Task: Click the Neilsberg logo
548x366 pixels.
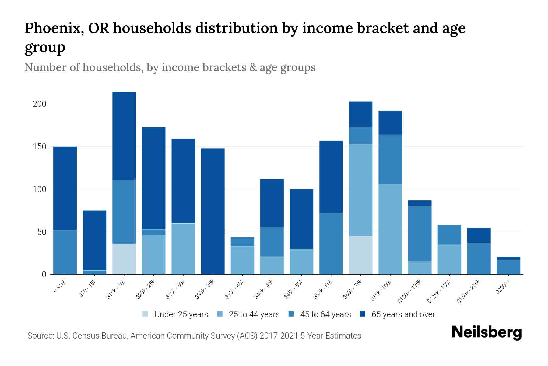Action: pos(487,332)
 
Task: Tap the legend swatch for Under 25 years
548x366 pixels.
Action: pos(146,314)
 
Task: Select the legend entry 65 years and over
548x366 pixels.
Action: pos(403,314)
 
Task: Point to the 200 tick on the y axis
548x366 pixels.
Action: pos(40,104)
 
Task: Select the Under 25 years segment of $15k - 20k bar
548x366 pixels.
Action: pos(124,259)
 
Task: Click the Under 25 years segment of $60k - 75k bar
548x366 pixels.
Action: pos(360,255)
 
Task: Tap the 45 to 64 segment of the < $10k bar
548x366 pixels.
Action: pos(65,252)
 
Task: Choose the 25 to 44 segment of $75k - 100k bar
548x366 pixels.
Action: pos(390,229)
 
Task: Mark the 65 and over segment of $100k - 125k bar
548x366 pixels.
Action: pos(420,203)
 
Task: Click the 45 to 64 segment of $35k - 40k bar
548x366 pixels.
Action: pos(242,242)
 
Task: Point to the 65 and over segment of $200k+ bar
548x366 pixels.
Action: pos(508,258)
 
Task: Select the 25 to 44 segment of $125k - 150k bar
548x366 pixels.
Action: pos(449,259)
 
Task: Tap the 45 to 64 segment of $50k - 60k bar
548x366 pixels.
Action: pos(331,243)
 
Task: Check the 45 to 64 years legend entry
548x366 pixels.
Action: pos(325,314)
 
